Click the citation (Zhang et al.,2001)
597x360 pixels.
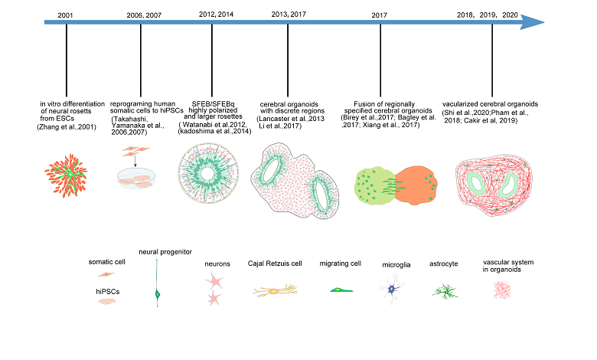coord(67,126)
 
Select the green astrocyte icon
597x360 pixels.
coord(443,290)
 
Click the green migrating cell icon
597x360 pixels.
coord(338,291)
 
